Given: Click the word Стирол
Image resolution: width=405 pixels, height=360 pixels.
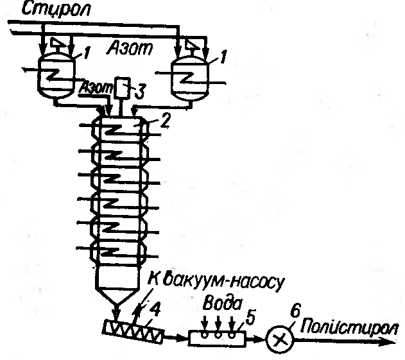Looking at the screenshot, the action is pos(56,10).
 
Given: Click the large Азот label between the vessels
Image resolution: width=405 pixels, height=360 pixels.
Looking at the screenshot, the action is pos(130,48).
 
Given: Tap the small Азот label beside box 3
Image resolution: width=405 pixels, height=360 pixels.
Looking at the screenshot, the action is pos(96,89).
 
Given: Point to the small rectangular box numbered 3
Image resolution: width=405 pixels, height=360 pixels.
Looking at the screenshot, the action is pos(122,88).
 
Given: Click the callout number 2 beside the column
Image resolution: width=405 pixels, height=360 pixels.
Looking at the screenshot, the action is pos(165,120).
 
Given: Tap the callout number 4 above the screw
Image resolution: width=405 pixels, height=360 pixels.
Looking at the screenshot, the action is pos(155,309).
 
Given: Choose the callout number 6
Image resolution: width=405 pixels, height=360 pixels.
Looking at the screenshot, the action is pos(295,311).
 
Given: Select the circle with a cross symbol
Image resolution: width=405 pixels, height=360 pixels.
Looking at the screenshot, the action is pos(280,339).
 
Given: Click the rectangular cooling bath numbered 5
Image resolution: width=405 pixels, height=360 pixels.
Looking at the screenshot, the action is pos(217,338).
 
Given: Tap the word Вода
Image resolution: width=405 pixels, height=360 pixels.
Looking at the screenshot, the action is pos(223,304).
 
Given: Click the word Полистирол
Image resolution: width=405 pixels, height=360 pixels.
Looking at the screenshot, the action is pos(349,328).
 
